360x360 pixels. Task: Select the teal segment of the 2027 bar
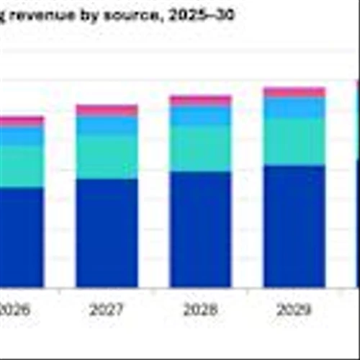(x=107, y=156)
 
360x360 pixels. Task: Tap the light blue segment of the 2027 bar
(x=107, y=125)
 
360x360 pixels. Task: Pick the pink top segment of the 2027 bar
(x=107, y=110)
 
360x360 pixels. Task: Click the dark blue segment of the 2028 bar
(x=200, y=229)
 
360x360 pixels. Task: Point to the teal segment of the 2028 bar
(x=200, y=148)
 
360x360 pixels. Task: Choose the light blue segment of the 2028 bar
(x=200, y=116)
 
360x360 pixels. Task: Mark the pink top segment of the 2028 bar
(x=200, y=101)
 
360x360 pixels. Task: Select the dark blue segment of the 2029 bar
(x=294, y=226)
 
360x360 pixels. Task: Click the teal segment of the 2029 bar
(x=294, y=142)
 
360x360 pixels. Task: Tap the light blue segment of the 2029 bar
(x=294, y=108)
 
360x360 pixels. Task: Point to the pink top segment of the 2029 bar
(x=294, y=92)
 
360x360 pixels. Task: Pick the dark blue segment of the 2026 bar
(x=20, y=238)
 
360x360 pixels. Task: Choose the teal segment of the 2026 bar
(x=20, y=166)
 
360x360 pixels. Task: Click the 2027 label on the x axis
(x=107, y=310)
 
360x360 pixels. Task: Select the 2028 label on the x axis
(x=200, y=310)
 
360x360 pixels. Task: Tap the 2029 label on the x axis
(x=294, y=310)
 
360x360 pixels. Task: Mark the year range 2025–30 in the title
(x=204, y=14)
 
